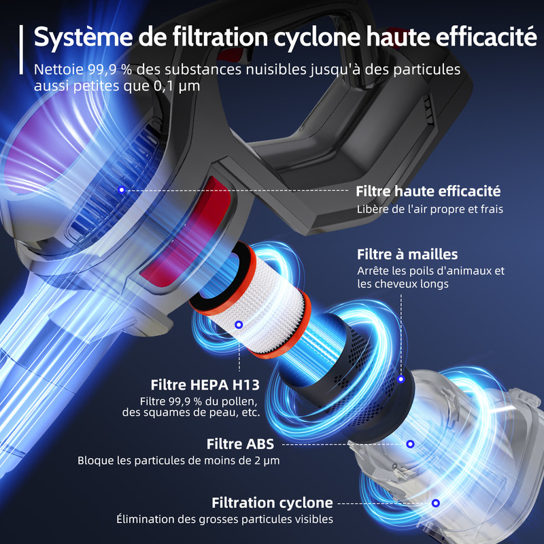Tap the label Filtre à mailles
[x=407, y=254]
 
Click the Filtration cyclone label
[x=272, y=503]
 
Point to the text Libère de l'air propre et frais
[x=430, y=209]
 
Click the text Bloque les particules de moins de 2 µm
[x=178, y=461]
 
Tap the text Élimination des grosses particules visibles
[x=224, y=520]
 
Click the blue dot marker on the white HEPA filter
[x=239, y=326]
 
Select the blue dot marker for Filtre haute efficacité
[x=121, y=190]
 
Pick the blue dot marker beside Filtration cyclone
[x=435, y=503]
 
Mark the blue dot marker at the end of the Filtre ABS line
[x=410, y=445]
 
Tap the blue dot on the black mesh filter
[x=401, y=379]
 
